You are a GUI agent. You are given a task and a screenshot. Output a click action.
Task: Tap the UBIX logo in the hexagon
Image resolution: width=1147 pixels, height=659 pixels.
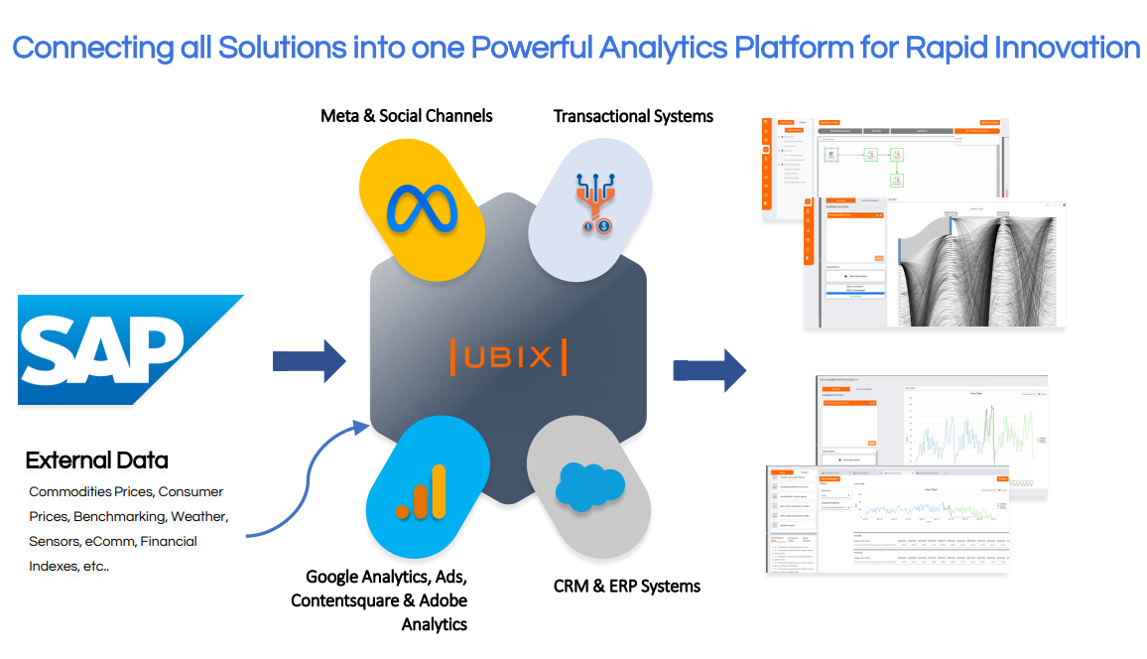coord(508,356)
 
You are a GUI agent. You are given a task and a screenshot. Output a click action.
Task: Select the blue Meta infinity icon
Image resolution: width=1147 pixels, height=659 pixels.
coord(422,209)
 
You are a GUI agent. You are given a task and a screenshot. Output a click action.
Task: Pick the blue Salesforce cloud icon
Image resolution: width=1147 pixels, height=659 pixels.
coord(588,486)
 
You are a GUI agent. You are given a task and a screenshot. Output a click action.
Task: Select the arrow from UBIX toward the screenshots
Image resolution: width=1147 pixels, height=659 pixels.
coord(708,370)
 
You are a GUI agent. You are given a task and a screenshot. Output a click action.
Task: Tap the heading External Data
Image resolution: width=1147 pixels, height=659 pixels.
coord(96,461)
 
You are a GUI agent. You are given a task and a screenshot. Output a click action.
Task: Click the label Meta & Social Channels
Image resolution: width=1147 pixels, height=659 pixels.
coord(406,116)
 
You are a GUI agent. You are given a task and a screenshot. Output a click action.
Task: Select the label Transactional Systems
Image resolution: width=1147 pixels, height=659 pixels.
coord(633,116)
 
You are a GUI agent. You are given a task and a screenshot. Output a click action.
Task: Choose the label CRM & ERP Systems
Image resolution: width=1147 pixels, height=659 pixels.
coord(627,586)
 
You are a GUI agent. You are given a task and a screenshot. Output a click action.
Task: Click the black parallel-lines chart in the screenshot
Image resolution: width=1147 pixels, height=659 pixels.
coord(977,268)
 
